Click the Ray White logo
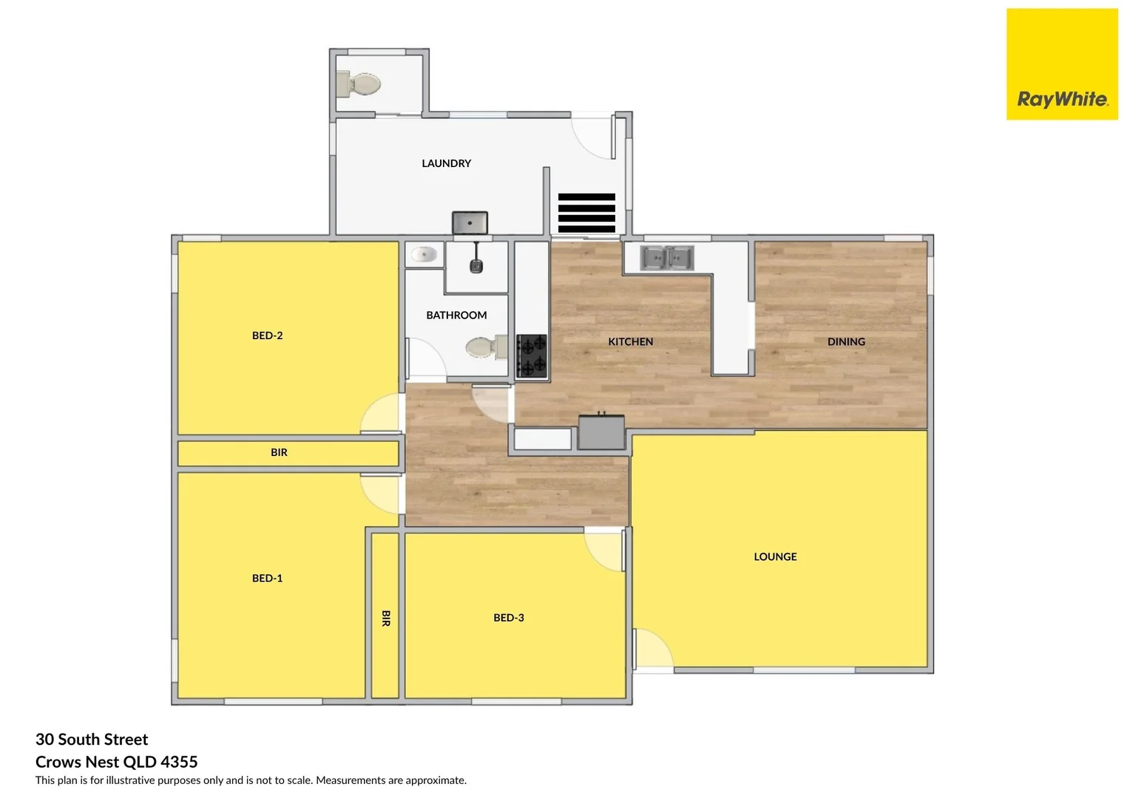pyautogui.click(x=1062, y=64)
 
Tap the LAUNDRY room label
pyautogui.click(x=446, y=163)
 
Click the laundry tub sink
pyautogui.click(x=470, y=222)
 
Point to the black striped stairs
pyautogui.click(x=586, y=213)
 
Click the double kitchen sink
pyautogui.click(x=666, y=258)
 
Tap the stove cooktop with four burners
pyautogui.click(x=532, y=355)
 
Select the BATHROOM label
pyautogui.click(x=456, y=316)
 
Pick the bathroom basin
pyautogui.click(x=424, y=255)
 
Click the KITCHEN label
pyautogui.click(x=630, y=342)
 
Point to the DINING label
pyautogui.click(x=846, y=342)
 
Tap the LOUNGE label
pyautogui.click(x=775, y=557)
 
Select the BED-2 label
pyautogui.click(x=267, y=335)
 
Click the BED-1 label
pyautogui.click(x=267, y=579)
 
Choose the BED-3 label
pyautogui.click(x=509, y=618)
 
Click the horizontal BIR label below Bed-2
pyautogui.click(x=279, y=452)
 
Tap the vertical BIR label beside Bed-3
pyautogui.click(x=385, y=618)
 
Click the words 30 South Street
pyautogui.click(x=92, y=740)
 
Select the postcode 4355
pyautogui.click(x=179, y=762)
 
